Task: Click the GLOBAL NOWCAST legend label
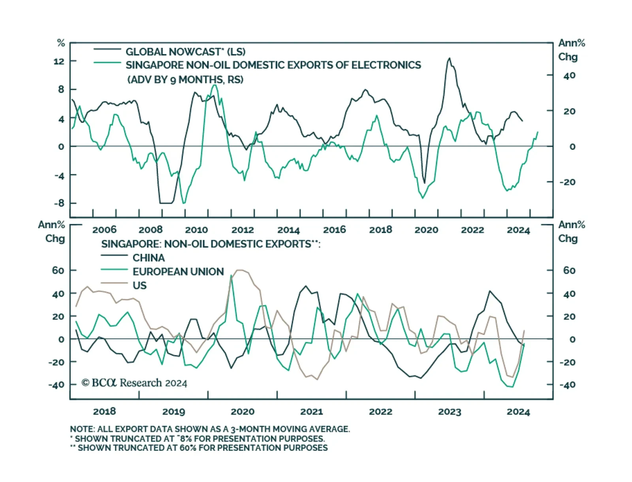[x=185, y=52]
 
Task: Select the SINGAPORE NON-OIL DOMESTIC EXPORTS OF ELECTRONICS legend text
[x=273, y=65]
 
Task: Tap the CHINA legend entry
[x=149, y=258]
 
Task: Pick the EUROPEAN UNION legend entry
[x=178, y=272]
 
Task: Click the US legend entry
[x=139, y=285]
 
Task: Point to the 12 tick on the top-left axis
[x=59, y=61]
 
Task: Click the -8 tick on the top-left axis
[x=59, y=203]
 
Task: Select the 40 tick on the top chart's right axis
[x=569, y=76]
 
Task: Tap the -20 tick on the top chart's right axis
[x=568, y=182]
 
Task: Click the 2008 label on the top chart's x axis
[x=150, y=230]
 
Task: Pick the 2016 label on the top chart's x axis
[x=334, y=230]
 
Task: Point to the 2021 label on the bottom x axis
[x=311, y=412]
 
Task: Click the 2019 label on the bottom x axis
[x=173, y=412]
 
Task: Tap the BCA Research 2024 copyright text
[x=134, y=383]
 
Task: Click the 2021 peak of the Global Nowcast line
[x=449, y=59]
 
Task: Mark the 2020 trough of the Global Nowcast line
[x=425, y=183]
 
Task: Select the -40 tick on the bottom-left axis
[x=56, y=385]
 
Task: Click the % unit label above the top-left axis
[x=61, y=43]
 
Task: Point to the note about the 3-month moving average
[x=210, y=429]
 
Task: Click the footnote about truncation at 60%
[x=199, y=448]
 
